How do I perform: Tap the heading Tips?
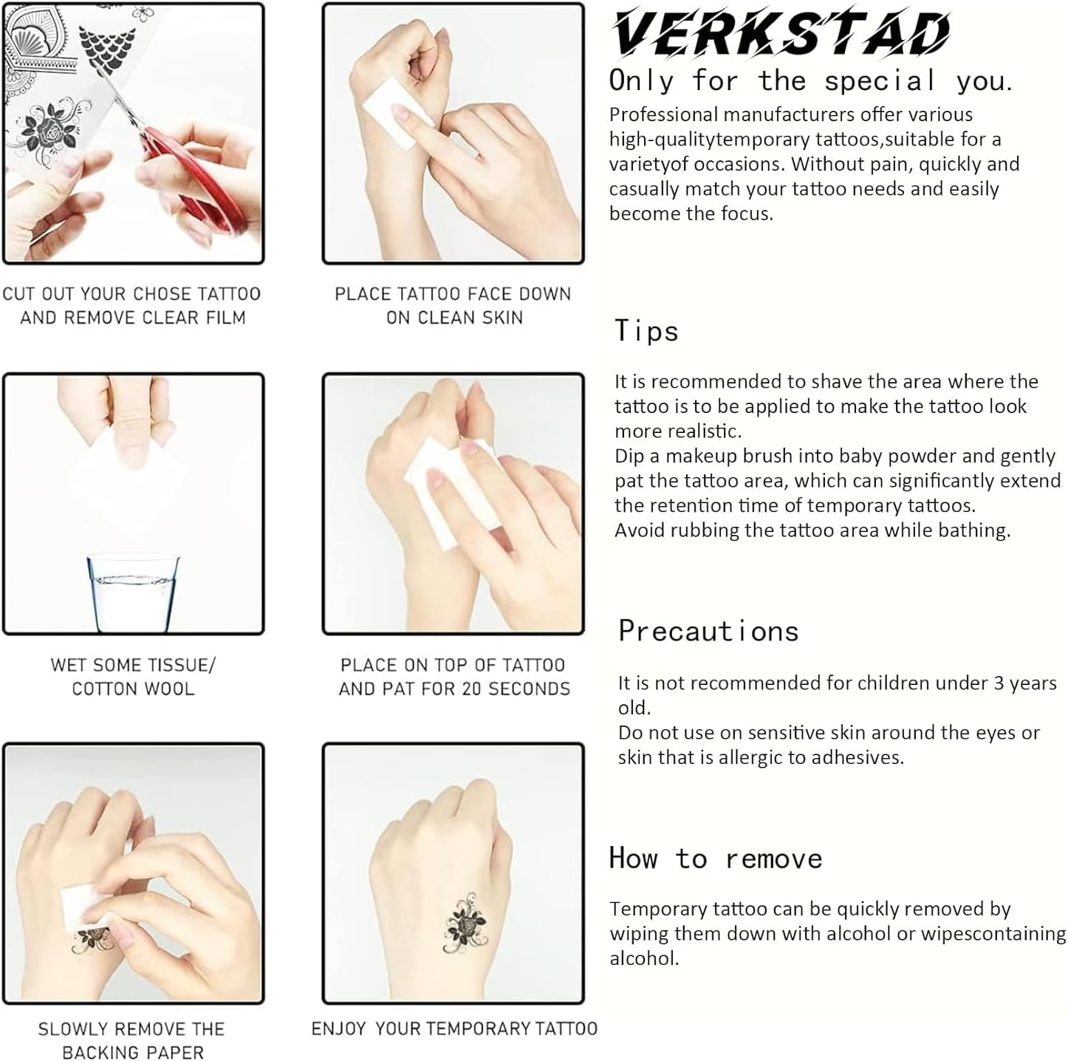pyautogui.click(x=646, y=331)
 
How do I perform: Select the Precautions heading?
pyautogui.click(x=708, y=631)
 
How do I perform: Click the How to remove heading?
pyautogui.click(x=716, y=859)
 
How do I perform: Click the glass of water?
pyautogui.click(x=133, y=593)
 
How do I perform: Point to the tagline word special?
pyautogui.click(x=880, y=81)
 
